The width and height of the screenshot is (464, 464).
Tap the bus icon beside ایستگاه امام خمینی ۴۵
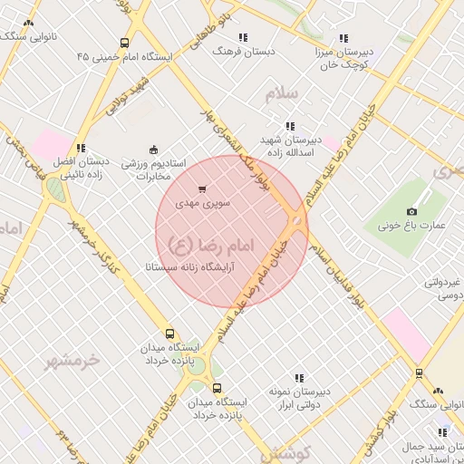pos(124,42)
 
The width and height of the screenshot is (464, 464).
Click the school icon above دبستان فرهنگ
pos(243,37)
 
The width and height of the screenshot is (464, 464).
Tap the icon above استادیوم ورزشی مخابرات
pos(153,150)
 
